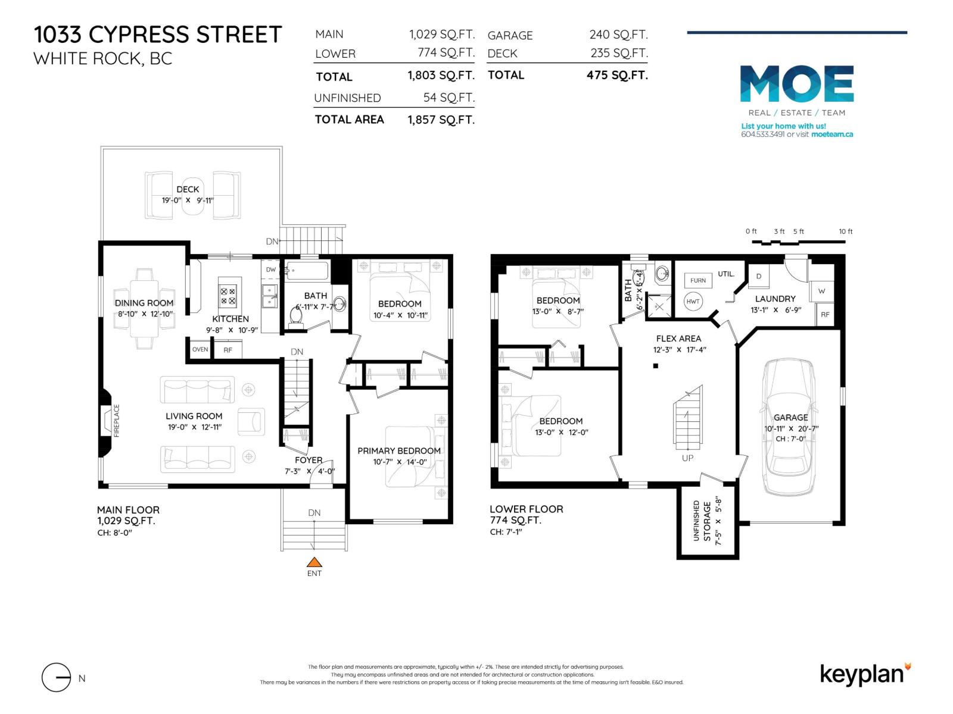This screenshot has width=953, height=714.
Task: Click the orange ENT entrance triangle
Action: [x=314, y=562]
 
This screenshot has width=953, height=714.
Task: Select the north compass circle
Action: [x=57, y=678]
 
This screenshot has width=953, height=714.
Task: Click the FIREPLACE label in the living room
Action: [x=117, y=421]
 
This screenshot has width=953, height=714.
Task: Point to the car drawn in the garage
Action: [x=790, y=427]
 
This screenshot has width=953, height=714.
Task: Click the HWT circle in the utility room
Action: [x=693, y=301]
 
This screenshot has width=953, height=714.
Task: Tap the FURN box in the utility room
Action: [x=697, y=280]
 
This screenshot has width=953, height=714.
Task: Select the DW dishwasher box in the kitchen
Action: [x=271, y=270]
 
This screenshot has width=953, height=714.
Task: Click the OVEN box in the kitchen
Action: [x=200, y=349]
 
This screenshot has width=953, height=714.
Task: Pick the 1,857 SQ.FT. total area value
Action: [x=441, y=120]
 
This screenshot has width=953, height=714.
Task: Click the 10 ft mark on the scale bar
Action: [x=845, y=231]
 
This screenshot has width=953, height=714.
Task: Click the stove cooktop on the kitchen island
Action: [x=228, y=295]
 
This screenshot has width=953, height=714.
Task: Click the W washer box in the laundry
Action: [x=821, y=291]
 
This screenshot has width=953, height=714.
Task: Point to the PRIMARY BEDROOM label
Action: [x=399, y=451]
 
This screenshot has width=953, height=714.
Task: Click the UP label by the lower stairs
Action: [x=687, y=458]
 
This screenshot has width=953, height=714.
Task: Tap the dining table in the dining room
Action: [x=144, y=310]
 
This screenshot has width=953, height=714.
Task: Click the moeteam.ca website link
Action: [x=832, y=134]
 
